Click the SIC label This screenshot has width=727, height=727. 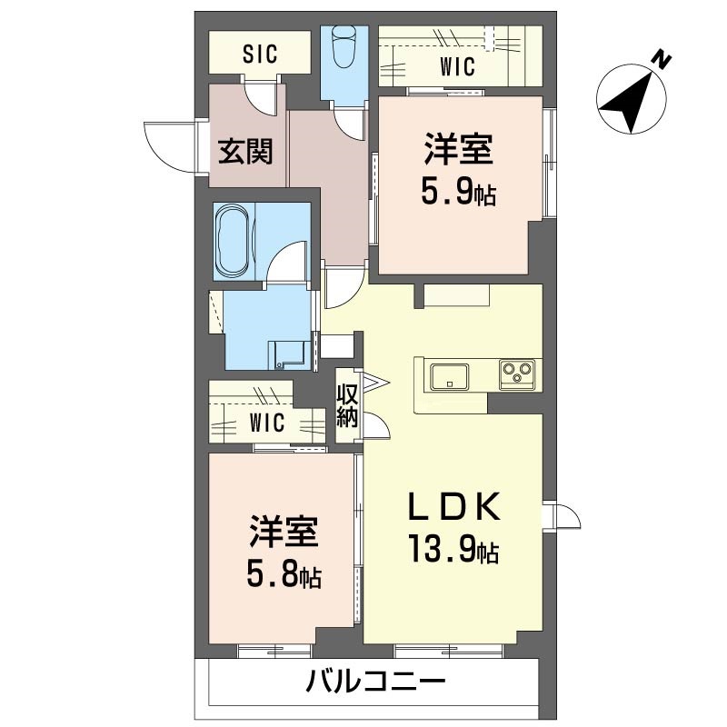click(260, 54)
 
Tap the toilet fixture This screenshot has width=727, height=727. click(344, 46)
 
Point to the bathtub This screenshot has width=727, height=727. click(233, 241)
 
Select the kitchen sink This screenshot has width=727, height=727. click(449, 374)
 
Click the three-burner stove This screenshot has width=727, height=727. click(517, 373)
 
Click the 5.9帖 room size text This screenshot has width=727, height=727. click(458, 193)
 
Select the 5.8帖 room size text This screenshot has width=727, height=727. click(284, 575)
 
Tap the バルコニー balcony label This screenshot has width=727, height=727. click(375, 681)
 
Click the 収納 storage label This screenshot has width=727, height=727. click(347, 405)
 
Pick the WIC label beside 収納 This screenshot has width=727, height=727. click(267, 423)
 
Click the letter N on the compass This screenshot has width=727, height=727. click(664, 60)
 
